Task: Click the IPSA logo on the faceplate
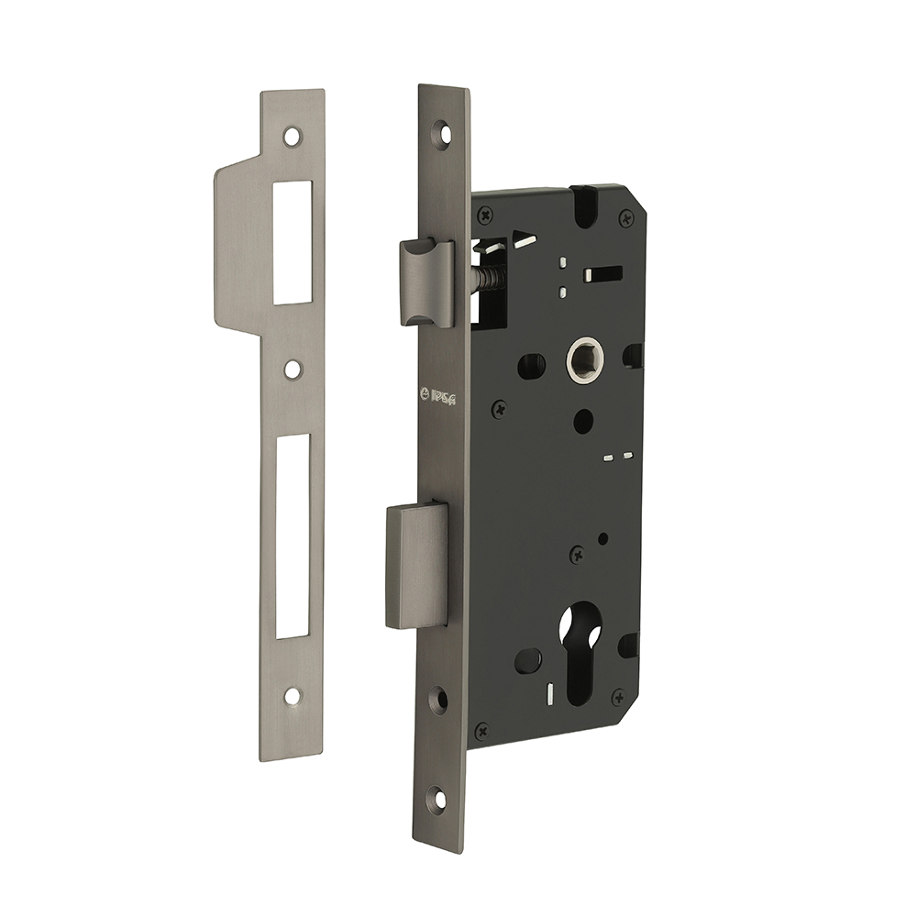pyautogui.click(x=438, y=396)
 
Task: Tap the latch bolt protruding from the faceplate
pyautogui.click(x=426, y=282)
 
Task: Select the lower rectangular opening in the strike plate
pyautogui.click(x=293, y=536)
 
